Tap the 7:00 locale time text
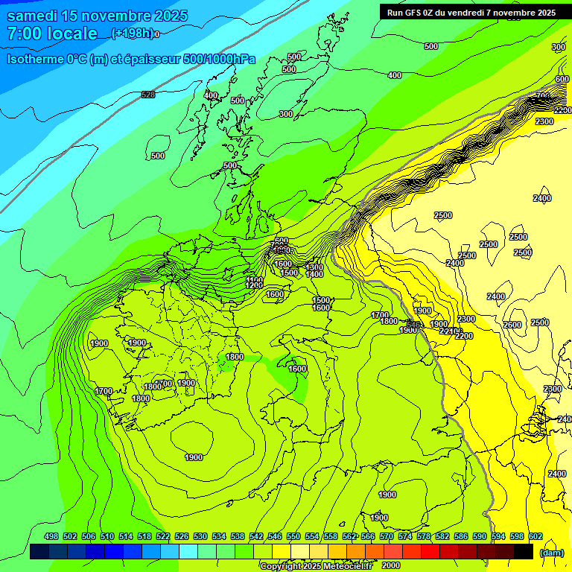(52, 34)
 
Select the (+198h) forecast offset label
(133, 34)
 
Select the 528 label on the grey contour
(148, 95)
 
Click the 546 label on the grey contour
(413, 325)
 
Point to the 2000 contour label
(391, 565)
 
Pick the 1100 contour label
(255, 279)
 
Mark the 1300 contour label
(314, 267)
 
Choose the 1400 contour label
(314, 275)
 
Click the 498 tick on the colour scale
(51, 537)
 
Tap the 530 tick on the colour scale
(200, 537)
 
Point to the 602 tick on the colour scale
(536, 537)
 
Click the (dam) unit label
(551, 553)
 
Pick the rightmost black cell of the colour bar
(524, 552)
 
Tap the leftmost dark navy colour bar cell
(39, 552)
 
